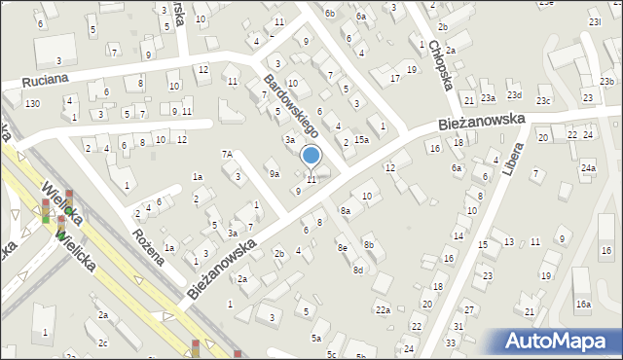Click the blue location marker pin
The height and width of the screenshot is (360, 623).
311,156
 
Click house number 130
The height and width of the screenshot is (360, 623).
33,103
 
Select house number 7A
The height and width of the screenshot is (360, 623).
227,154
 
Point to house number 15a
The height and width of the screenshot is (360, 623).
361,140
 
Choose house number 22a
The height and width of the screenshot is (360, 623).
384,310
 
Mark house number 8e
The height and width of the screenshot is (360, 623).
342,248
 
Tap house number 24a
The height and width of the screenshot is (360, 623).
588,168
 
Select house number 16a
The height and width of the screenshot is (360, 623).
582,305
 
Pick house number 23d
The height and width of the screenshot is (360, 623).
514,95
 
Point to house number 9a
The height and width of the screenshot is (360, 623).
275,173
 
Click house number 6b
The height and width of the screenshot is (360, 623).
330,13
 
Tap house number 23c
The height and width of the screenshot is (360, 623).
543,100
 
